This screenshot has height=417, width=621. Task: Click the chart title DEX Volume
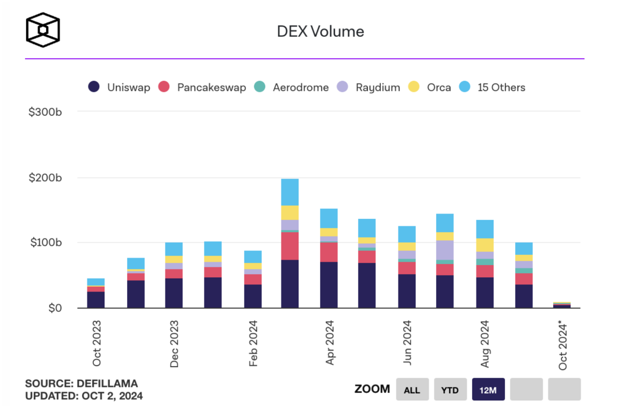point(320,32)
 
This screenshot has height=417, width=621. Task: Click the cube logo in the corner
point(43,30)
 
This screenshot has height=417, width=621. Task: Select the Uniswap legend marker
point(94,87)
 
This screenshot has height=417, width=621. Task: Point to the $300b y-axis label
point(45,112)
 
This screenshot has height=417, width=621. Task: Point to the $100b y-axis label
point(46,243)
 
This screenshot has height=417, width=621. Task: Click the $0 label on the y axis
point(55,308)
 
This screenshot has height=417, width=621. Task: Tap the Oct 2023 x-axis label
point(97,343)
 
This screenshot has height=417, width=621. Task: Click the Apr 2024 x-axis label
point(329,342)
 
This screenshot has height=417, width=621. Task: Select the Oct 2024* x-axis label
point(563,345)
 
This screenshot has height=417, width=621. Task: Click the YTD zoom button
point(450,390)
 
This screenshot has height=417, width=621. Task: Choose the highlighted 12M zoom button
point(488,390)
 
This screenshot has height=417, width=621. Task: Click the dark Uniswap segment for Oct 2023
point(96,300)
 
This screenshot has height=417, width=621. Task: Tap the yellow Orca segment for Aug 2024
point(485,245)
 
